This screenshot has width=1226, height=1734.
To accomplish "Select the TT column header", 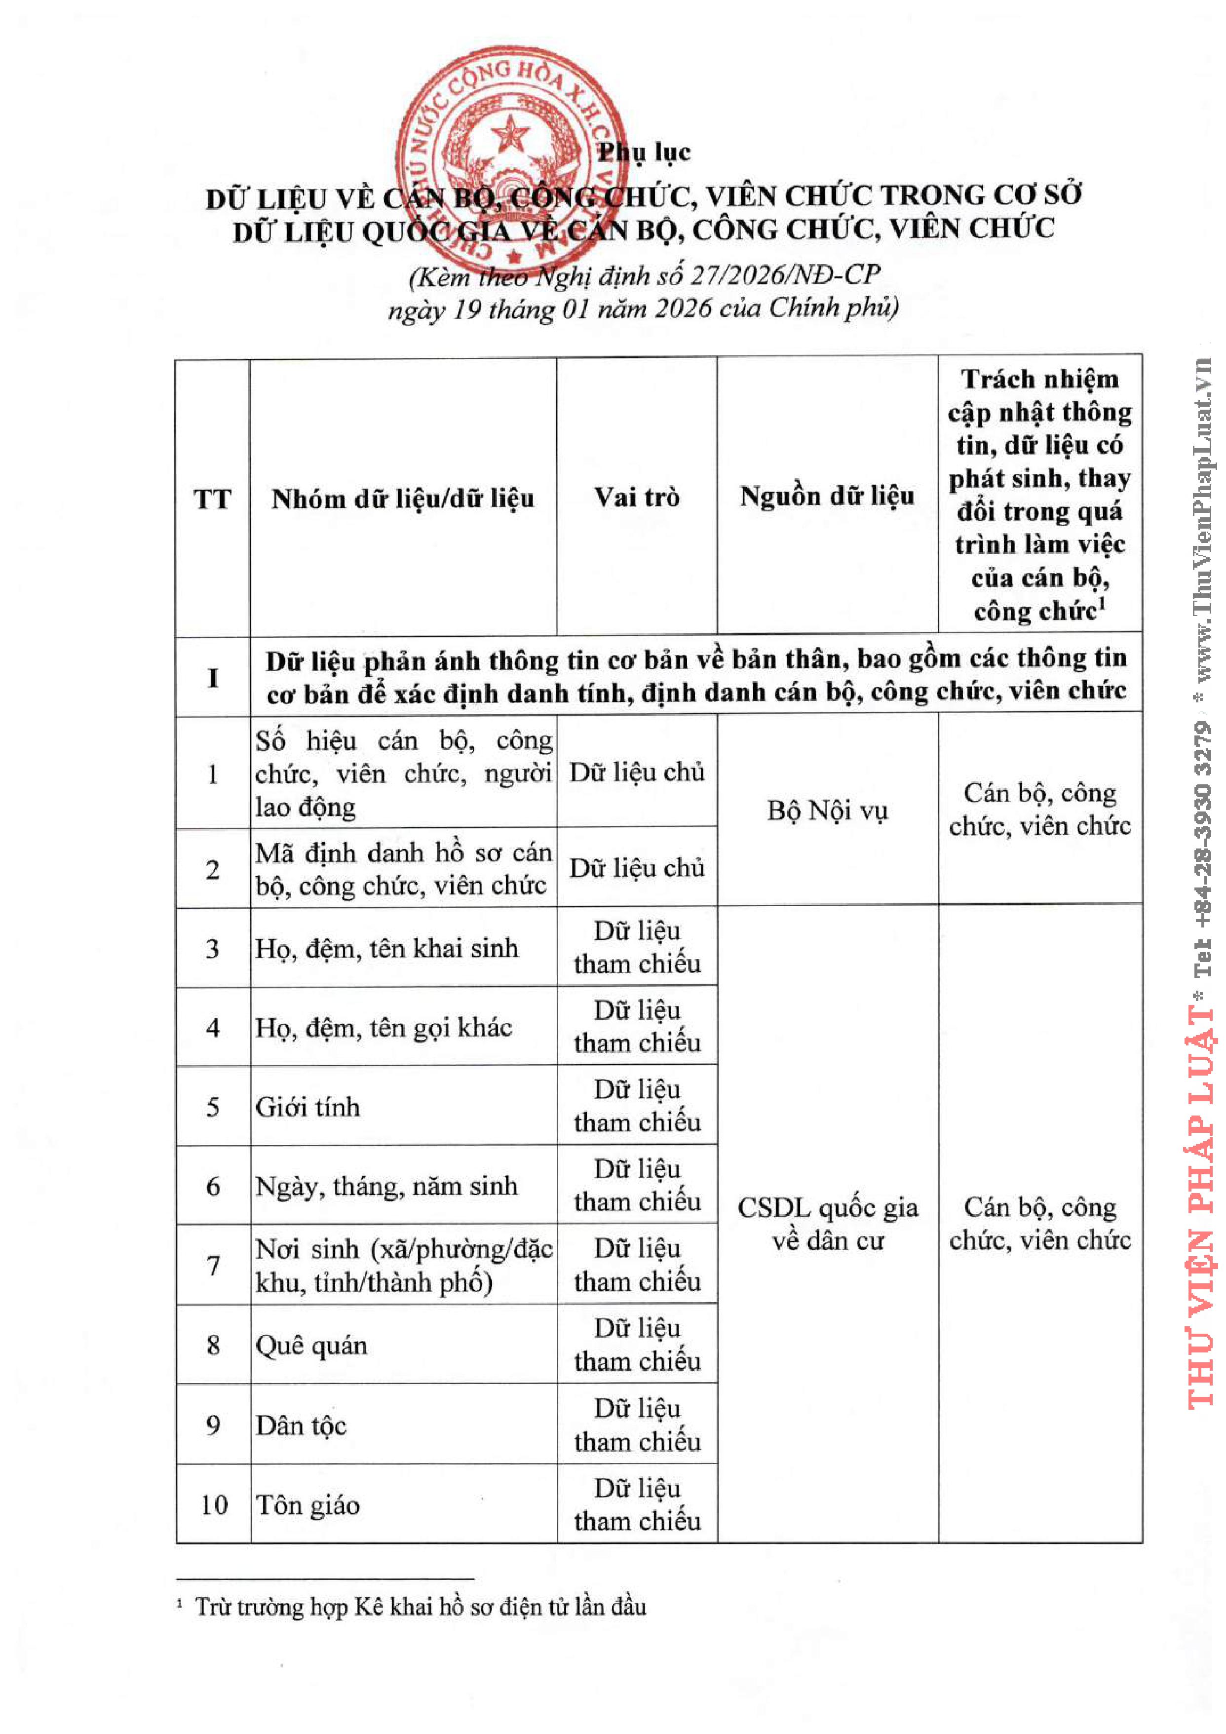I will click(212, 499).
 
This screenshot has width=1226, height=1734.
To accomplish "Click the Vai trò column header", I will click(637, 497).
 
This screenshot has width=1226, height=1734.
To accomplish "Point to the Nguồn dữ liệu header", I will click(827, 496).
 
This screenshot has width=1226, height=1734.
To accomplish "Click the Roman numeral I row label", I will click(213, 677).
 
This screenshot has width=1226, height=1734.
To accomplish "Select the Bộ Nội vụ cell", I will click(827, 810).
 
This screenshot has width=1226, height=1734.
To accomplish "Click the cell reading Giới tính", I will click(307, 1107).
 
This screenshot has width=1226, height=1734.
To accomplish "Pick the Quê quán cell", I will click(311, 1345).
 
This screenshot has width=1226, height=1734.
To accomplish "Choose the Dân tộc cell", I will click(301, 1425).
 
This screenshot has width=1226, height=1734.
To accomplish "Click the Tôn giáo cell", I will click(307, 1505).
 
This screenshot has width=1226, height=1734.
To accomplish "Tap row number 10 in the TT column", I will click(214, 1505).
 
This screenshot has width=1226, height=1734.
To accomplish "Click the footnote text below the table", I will click(420, 1606).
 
